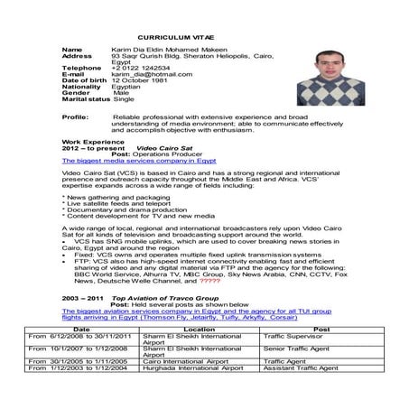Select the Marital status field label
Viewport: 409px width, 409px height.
tap(86, 99)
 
